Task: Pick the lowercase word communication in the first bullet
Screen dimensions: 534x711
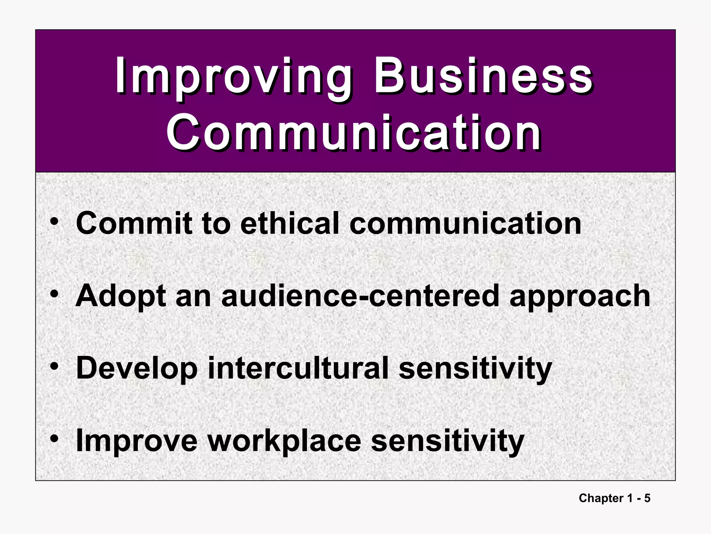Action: [465, 223]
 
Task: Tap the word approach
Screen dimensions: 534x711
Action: [580, 297]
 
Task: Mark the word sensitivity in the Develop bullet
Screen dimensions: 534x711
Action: [475, 369]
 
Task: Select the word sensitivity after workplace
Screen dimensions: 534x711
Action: [447, 441]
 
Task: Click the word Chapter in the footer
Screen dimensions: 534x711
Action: [601, 498]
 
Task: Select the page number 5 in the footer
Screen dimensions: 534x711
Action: [647, 498]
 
